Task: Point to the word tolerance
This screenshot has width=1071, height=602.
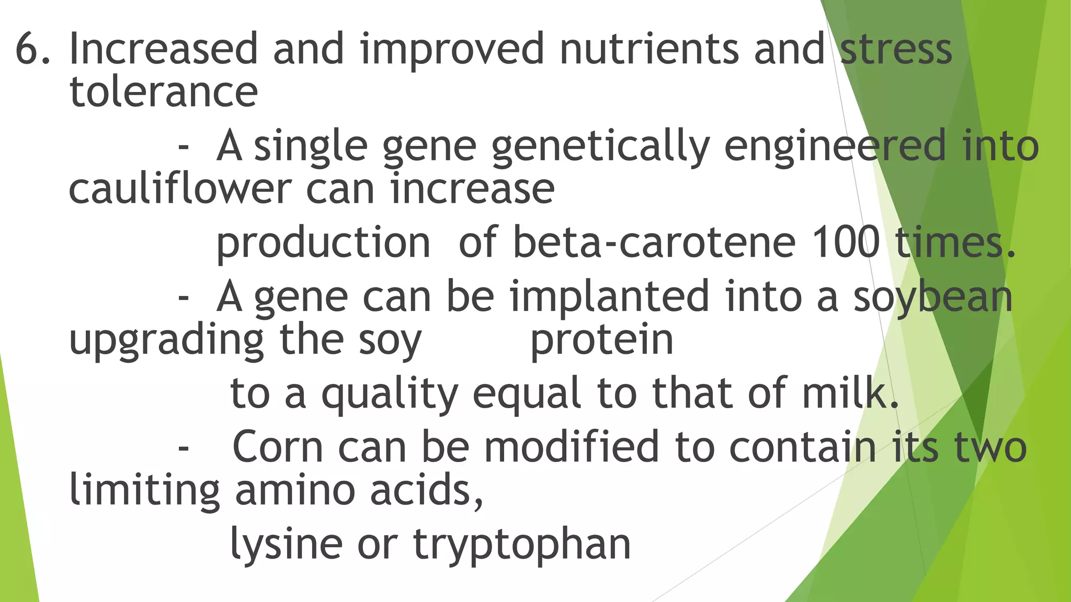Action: click(163, 92)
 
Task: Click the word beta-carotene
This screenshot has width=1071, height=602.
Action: click(654, 243)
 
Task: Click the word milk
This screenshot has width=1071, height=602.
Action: click(850, 393)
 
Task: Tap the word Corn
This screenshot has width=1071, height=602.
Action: click(277, 447)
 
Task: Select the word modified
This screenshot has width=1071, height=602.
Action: click(571, 447)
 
